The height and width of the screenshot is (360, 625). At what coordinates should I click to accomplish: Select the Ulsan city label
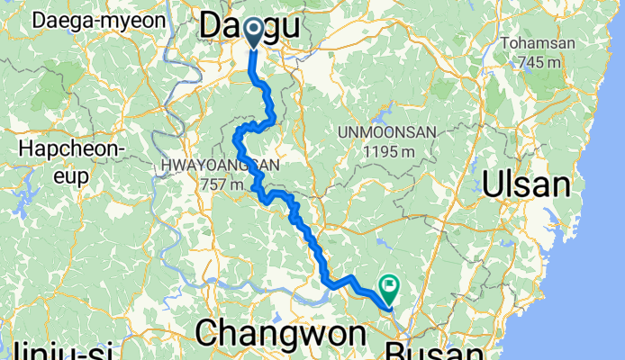(x=527, y=184)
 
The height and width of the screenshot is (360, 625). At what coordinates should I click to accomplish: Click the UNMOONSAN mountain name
(x=387, y=132)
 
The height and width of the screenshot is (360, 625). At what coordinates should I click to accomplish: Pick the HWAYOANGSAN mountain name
(x=220, y=166)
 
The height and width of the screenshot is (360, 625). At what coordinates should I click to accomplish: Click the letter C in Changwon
(x=208, y=332)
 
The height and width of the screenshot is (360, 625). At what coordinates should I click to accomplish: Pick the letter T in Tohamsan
(x=505, y=43)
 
